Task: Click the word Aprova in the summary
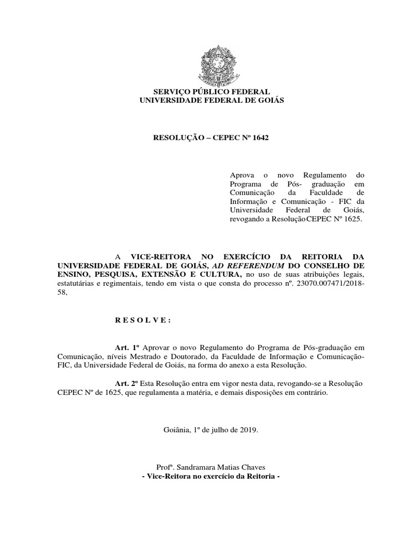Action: click(x=241, y=175)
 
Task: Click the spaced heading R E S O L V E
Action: click(x=143, y=320)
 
